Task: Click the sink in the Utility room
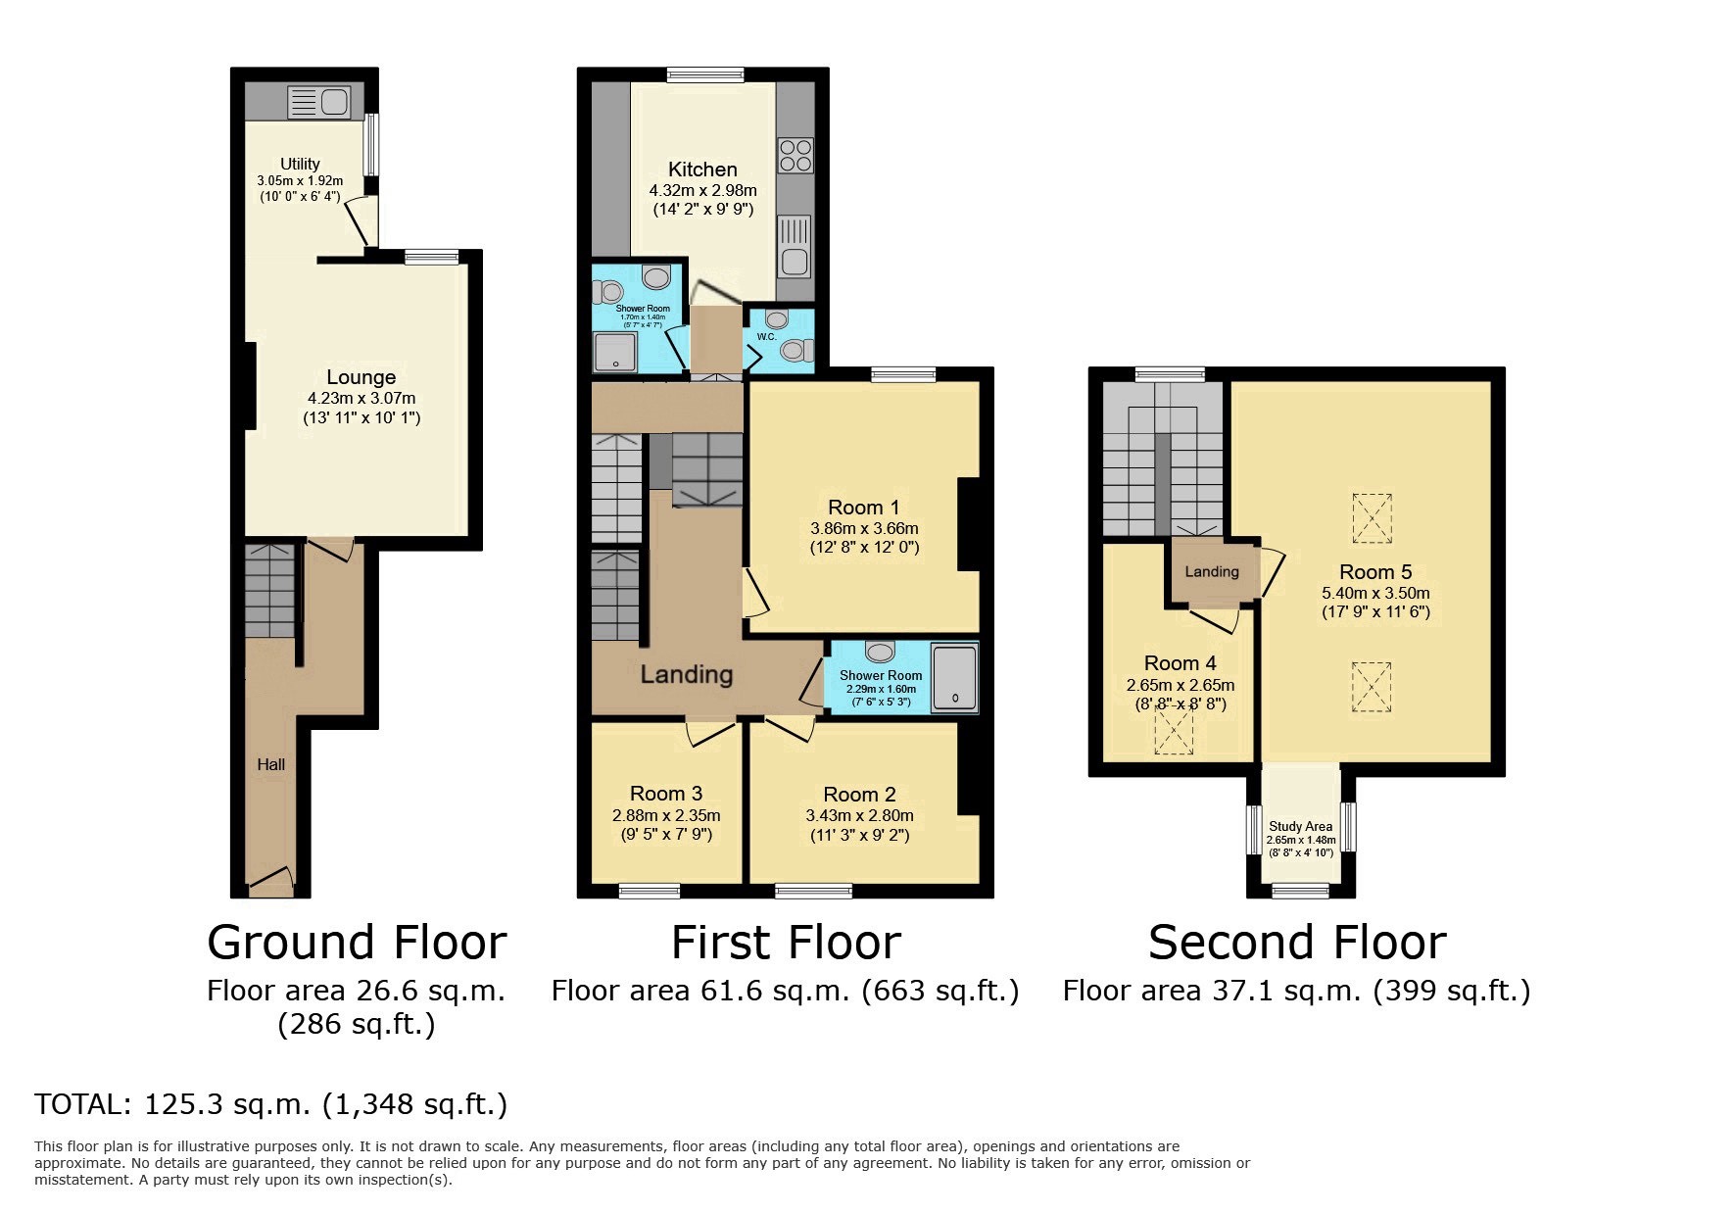318,102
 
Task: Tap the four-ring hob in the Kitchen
795,156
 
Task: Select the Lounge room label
361,377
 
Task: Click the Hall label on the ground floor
271,764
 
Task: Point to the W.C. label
766,337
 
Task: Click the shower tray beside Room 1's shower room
954,677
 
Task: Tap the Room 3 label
666,794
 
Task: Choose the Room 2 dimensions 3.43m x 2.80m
860,815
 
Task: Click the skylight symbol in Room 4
1174,731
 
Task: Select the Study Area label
1301,826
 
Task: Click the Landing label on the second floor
1212,571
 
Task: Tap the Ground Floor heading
358,943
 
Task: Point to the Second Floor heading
1297,943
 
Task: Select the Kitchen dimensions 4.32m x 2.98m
703,190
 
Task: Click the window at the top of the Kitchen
704,74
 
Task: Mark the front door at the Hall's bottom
270,881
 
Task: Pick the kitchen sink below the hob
795,246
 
